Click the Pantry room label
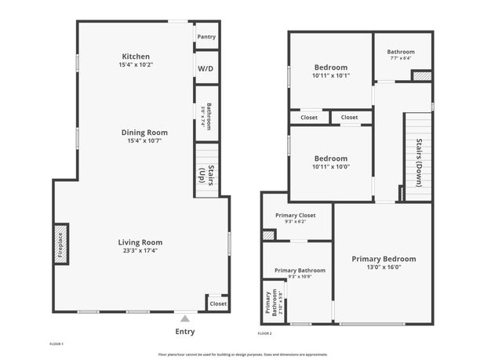click(x=206, y=37)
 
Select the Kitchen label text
click(x=136, y=56)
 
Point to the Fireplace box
click(x=60, y=242)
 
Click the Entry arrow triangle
click(x=184, y=318)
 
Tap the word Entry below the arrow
click(x=184, y=332)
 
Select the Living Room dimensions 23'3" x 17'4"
click(x=140, y=251)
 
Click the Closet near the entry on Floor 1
click(x=218, y=304)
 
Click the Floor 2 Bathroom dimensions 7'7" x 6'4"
click(x=400, y=58)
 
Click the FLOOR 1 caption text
click(x=56, y=344)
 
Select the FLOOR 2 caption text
click(x=265, y=334)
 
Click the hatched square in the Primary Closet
click(x=269, y=235)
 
